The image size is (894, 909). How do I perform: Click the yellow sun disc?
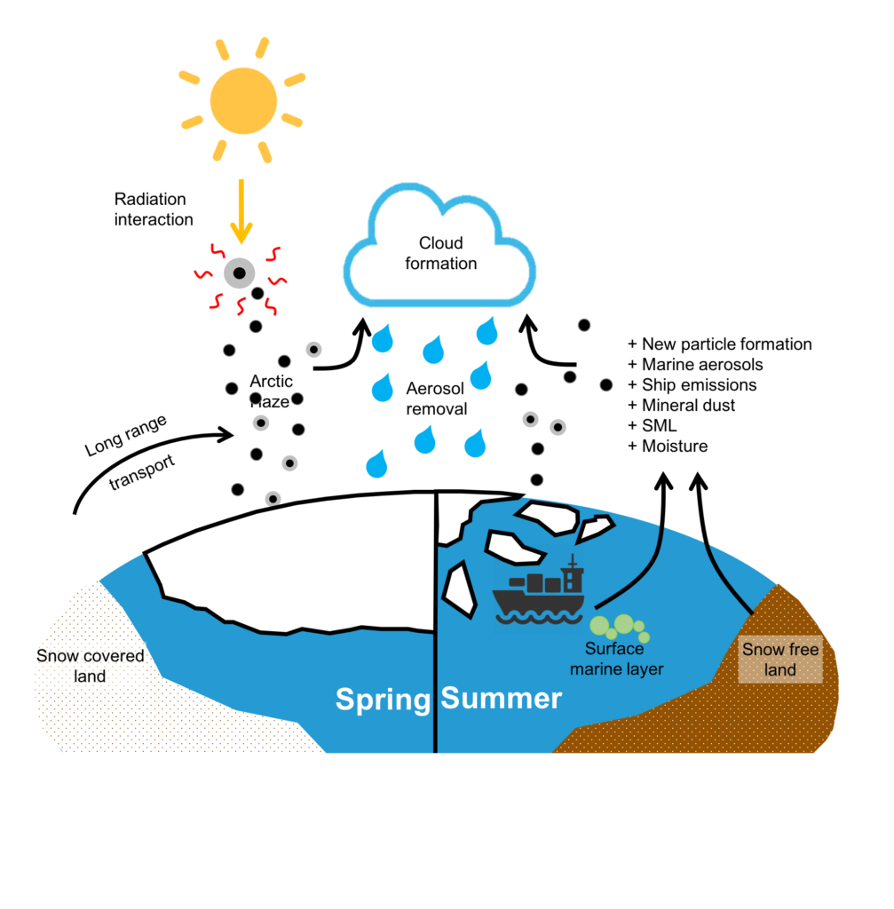click(243, 101)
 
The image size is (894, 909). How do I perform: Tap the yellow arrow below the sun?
click(241, 211)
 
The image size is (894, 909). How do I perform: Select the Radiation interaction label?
click(153, 209)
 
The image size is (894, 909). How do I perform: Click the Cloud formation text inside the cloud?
click(440, 253)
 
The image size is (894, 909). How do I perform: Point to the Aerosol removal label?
click(436, 399)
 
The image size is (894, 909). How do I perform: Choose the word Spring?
click(383, 700)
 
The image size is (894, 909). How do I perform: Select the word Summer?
click(501, 698)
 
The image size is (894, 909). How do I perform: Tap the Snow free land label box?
click(780, 660)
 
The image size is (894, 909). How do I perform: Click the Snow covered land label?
click(90, 666)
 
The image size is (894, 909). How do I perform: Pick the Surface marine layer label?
click(616, 659)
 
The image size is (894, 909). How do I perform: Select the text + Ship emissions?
click(692, 385)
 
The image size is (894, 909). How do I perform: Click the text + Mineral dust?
click(681, 405)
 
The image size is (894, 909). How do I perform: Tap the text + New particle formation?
click(719, 344)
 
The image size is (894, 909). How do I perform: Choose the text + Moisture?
click(668, 446)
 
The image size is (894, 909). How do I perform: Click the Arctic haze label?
click(271, 391)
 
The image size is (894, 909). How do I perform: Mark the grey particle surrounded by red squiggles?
click(240, 273)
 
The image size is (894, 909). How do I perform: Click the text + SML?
click(653, 425)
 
